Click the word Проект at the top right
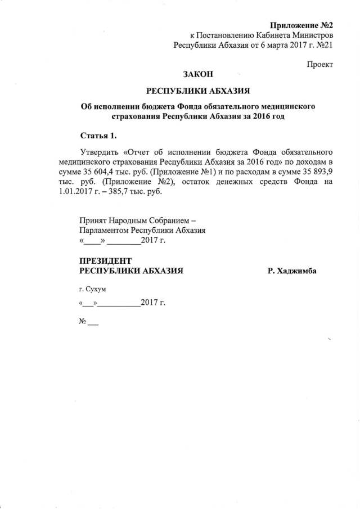[x=319, y=64]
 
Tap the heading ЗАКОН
[x=198, y=74]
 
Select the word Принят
[x=93, y=221]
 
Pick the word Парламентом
[x=104, y=231]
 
